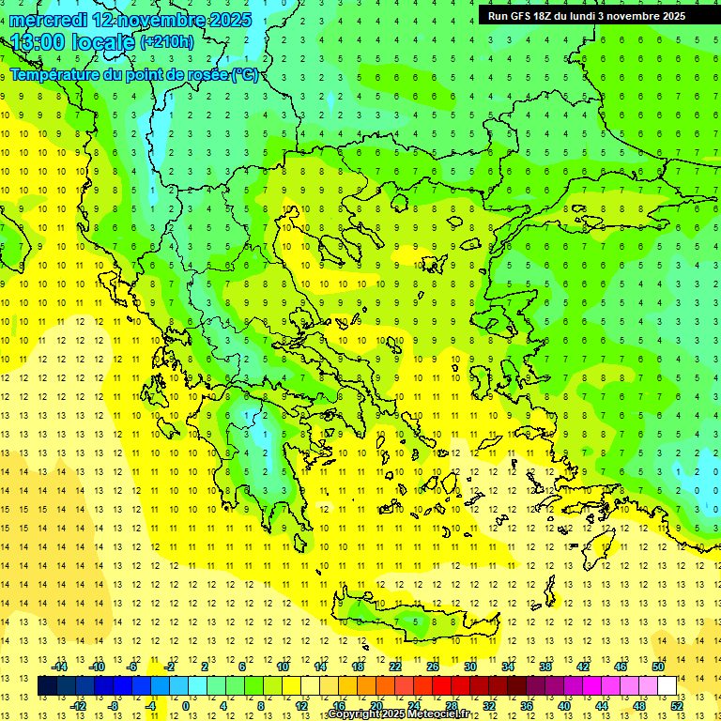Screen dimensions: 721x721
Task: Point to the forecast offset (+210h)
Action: (166, 42)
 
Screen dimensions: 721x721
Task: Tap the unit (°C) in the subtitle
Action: (244, 75)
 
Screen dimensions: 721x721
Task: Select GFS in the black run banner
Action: (523, 16)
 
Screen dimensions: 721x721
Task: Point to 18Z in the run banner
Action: (548, 16)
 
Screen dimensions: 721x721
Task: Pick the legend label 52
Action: (677, 705)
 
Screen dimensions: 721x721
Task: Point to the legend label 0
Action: (185, 705)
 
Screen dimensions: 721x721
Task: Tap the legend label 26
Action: (433, 667)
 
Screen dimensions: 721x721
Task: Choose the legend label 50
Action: (658, 667)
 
